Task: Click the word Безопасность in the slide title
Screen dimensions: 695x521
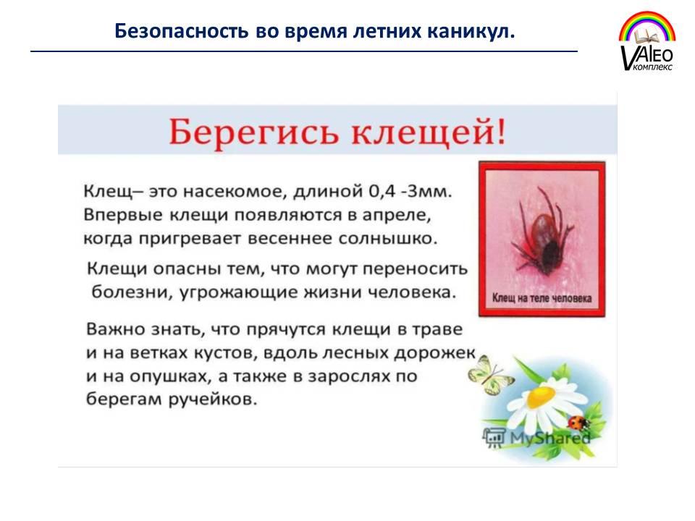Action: click(181, 31)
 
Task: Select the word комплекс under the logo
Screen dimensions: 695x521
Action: click(653, 67)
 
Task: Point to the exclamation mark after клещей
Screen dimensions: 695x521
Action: click(501, 132)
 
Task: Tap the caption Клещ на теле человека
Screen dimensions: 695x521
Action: click(542, 298)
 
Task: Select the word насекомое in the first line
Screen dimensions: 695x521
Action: click(232, 192)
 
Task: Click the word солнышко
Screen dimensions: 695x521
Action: click(388, 239)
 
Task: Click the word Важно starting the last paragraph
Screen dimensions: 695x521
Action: click(116, 329)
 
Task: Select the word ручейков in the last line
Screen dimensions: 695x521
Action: click(213, 399)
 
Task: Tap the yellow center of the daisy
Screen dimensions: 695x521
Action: click(542, 396)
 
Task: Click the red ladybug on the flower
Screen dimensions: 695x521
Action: click(577, 422)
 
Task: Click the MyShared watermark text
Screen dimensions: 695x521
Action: click(549, 439)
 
